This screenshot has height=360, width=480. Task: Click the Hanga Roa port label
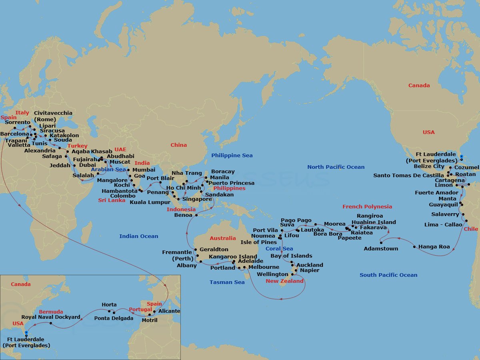click(434, 247)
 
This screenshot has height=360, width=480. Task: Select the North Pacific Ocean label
click(336, 167)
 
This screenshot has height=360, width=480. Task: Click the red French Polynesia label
click(367, 207)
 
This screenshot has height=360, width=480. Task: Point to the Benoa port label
click(183, 215)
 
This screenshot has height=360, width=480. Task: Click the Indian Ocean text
click(138, 236)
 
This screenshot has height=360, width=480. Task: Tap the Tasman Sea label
click(227, 282)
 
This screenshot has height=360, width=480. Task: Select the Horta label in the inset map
click(109, 305)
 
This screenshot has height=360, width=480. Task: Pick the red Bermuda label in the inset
click(51, 312)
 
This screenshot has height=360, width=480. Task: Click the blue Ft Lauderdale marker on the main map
click(461, 157)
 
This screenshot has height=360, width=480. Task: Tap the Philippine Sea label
click(232, 156)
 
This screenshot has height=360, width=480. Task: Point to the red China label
click(178, 145)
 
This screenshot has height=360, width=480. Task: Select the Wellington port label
click(272, 274)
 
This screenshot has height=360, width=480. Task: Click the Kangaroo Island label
click(233, 256)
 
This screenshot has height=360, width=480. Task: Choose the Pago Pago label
click(296, 220)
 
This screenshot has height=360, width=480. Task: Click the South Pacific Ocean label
click(388, 275)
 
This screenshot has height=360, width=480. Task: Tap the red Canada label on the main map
click(419, 86)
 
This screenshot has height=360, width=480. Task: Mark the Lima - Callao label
click(443, 225)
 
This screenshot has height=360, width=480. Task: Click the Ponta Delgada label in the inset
click(114, 318)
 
